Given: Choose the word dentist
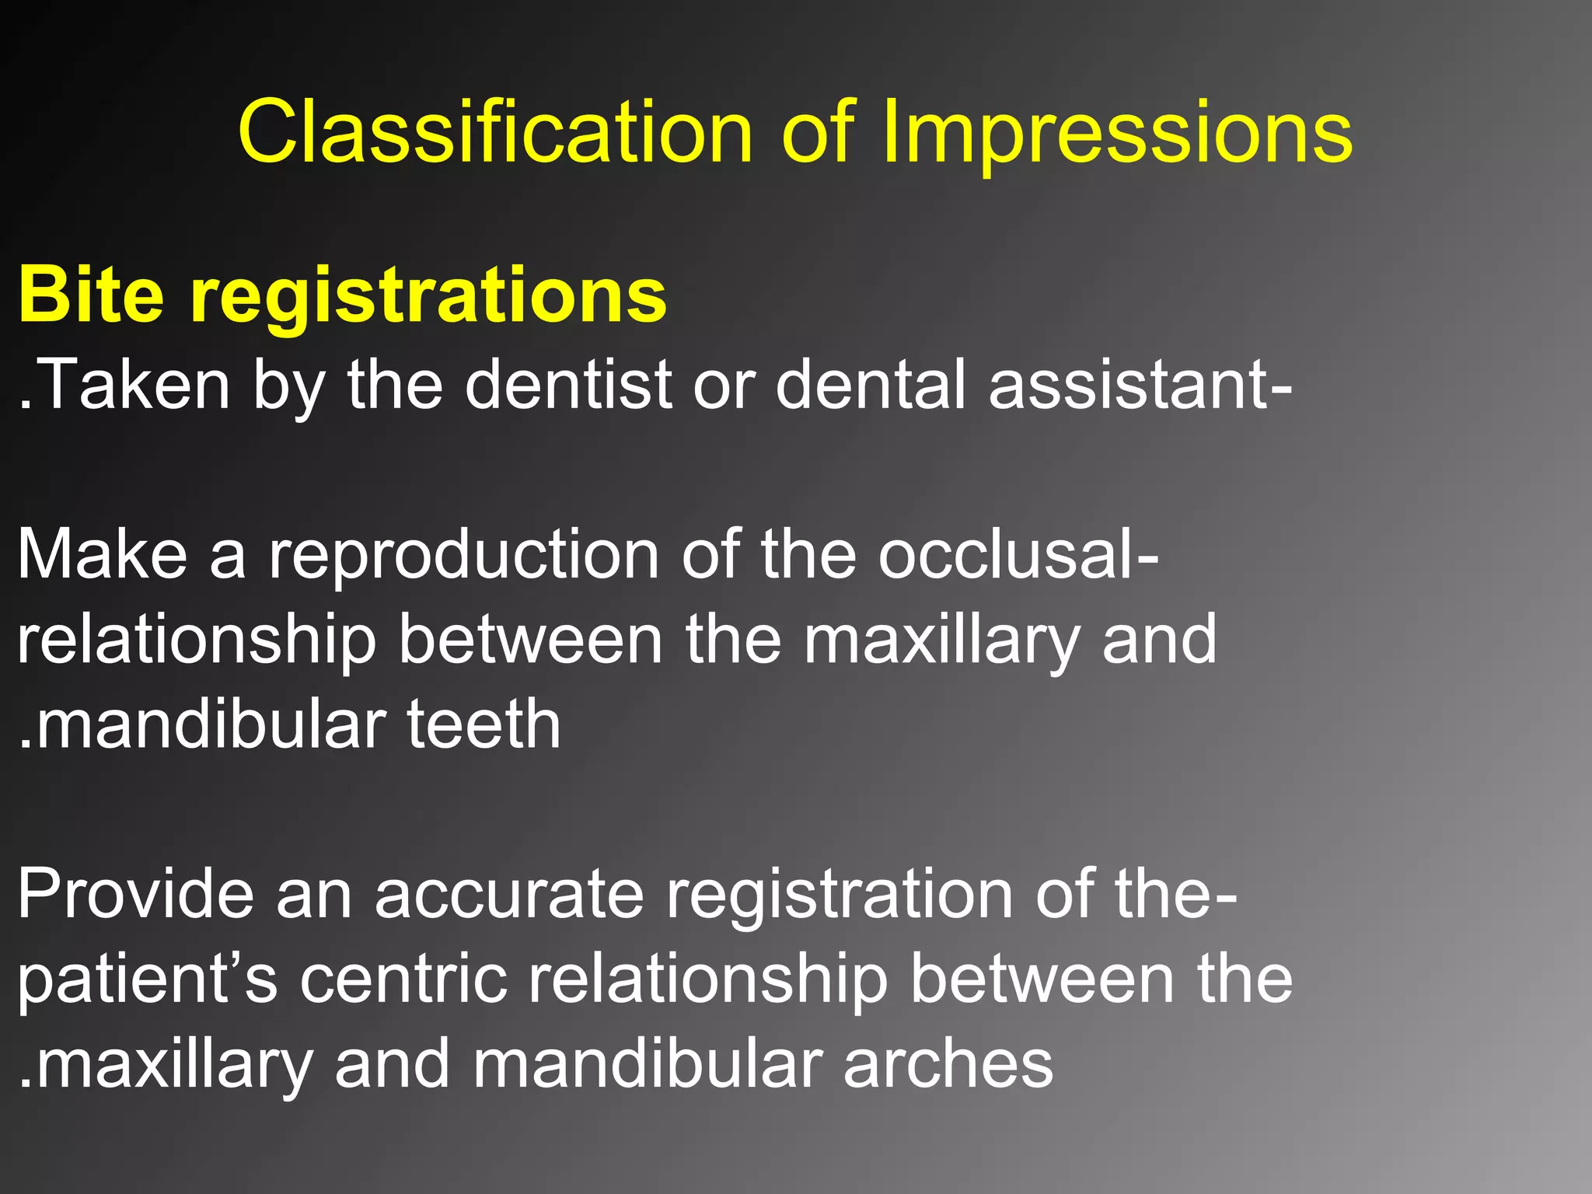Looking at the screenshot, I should (x=568, y=384).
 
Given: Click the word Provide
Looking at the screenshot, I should (x=135, y=894).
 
